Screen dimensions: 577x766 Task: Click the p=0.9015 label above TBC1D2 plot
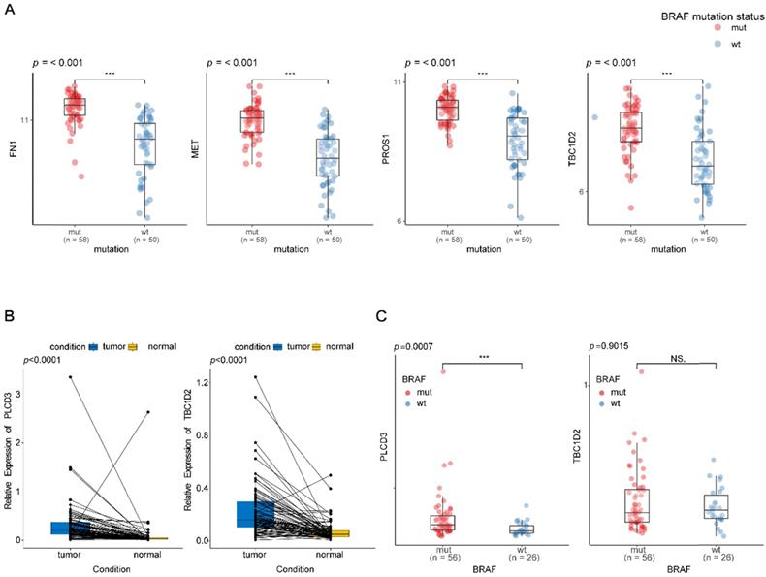point(607,346)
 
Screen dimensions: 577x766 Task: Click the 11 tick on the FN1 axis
point(26,120)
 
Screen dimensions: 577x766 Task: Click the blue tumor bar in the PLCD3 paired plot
point(70,529)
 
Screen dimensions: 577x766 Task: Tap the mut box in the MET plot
point(252,121)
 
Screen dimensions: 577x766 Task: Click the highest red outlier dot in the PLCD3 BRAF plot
point(443,370)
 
